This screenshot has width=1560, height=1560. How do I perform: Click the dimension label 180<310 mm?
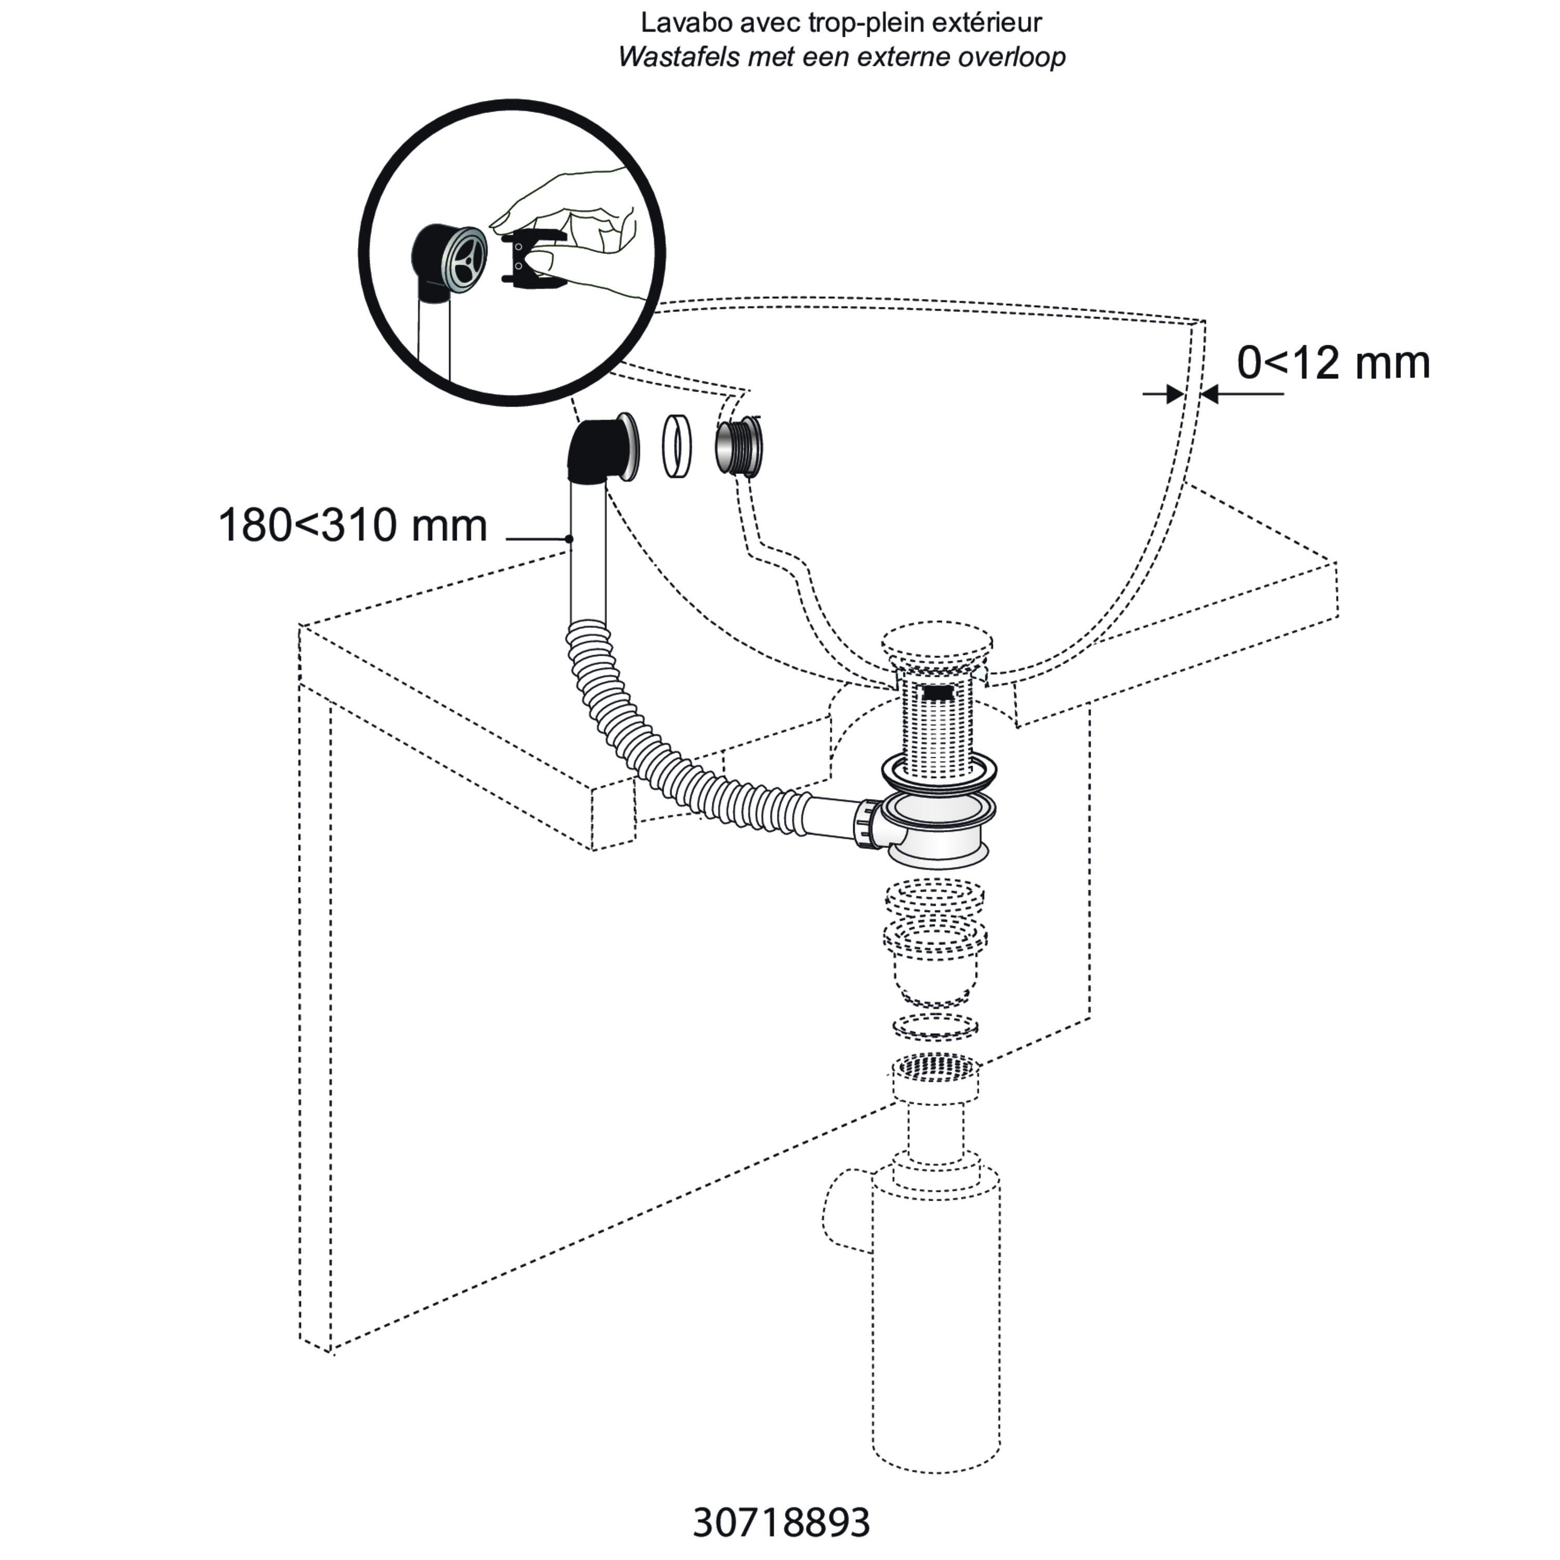353,526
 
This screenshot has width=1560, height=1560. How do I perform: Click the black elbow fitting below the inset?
597,452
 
